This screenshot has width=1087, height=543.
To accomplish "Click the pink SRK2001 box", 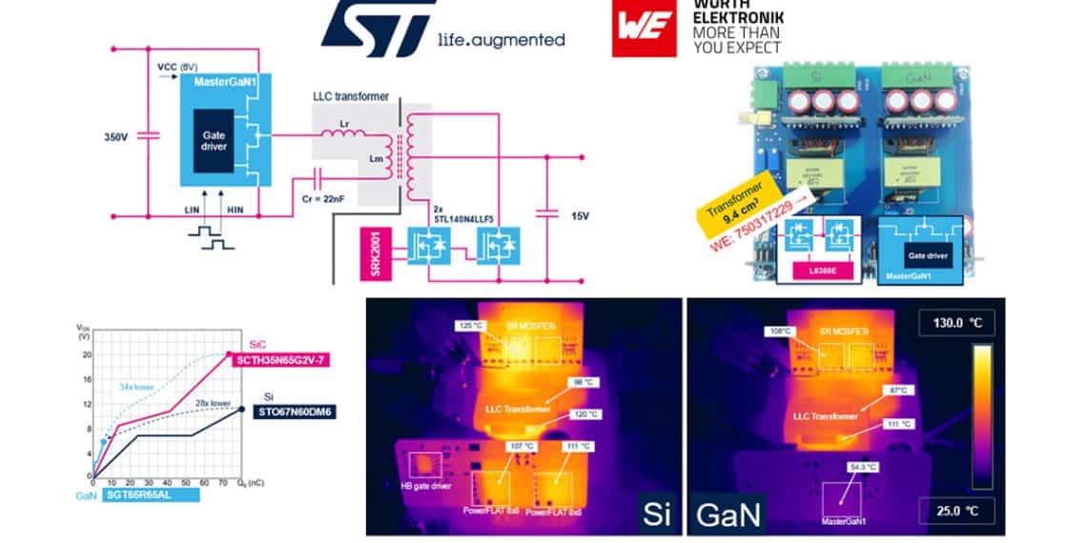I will (373, 251).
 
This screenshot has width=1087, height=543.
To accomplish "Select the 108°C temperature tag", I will (779, 332).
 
